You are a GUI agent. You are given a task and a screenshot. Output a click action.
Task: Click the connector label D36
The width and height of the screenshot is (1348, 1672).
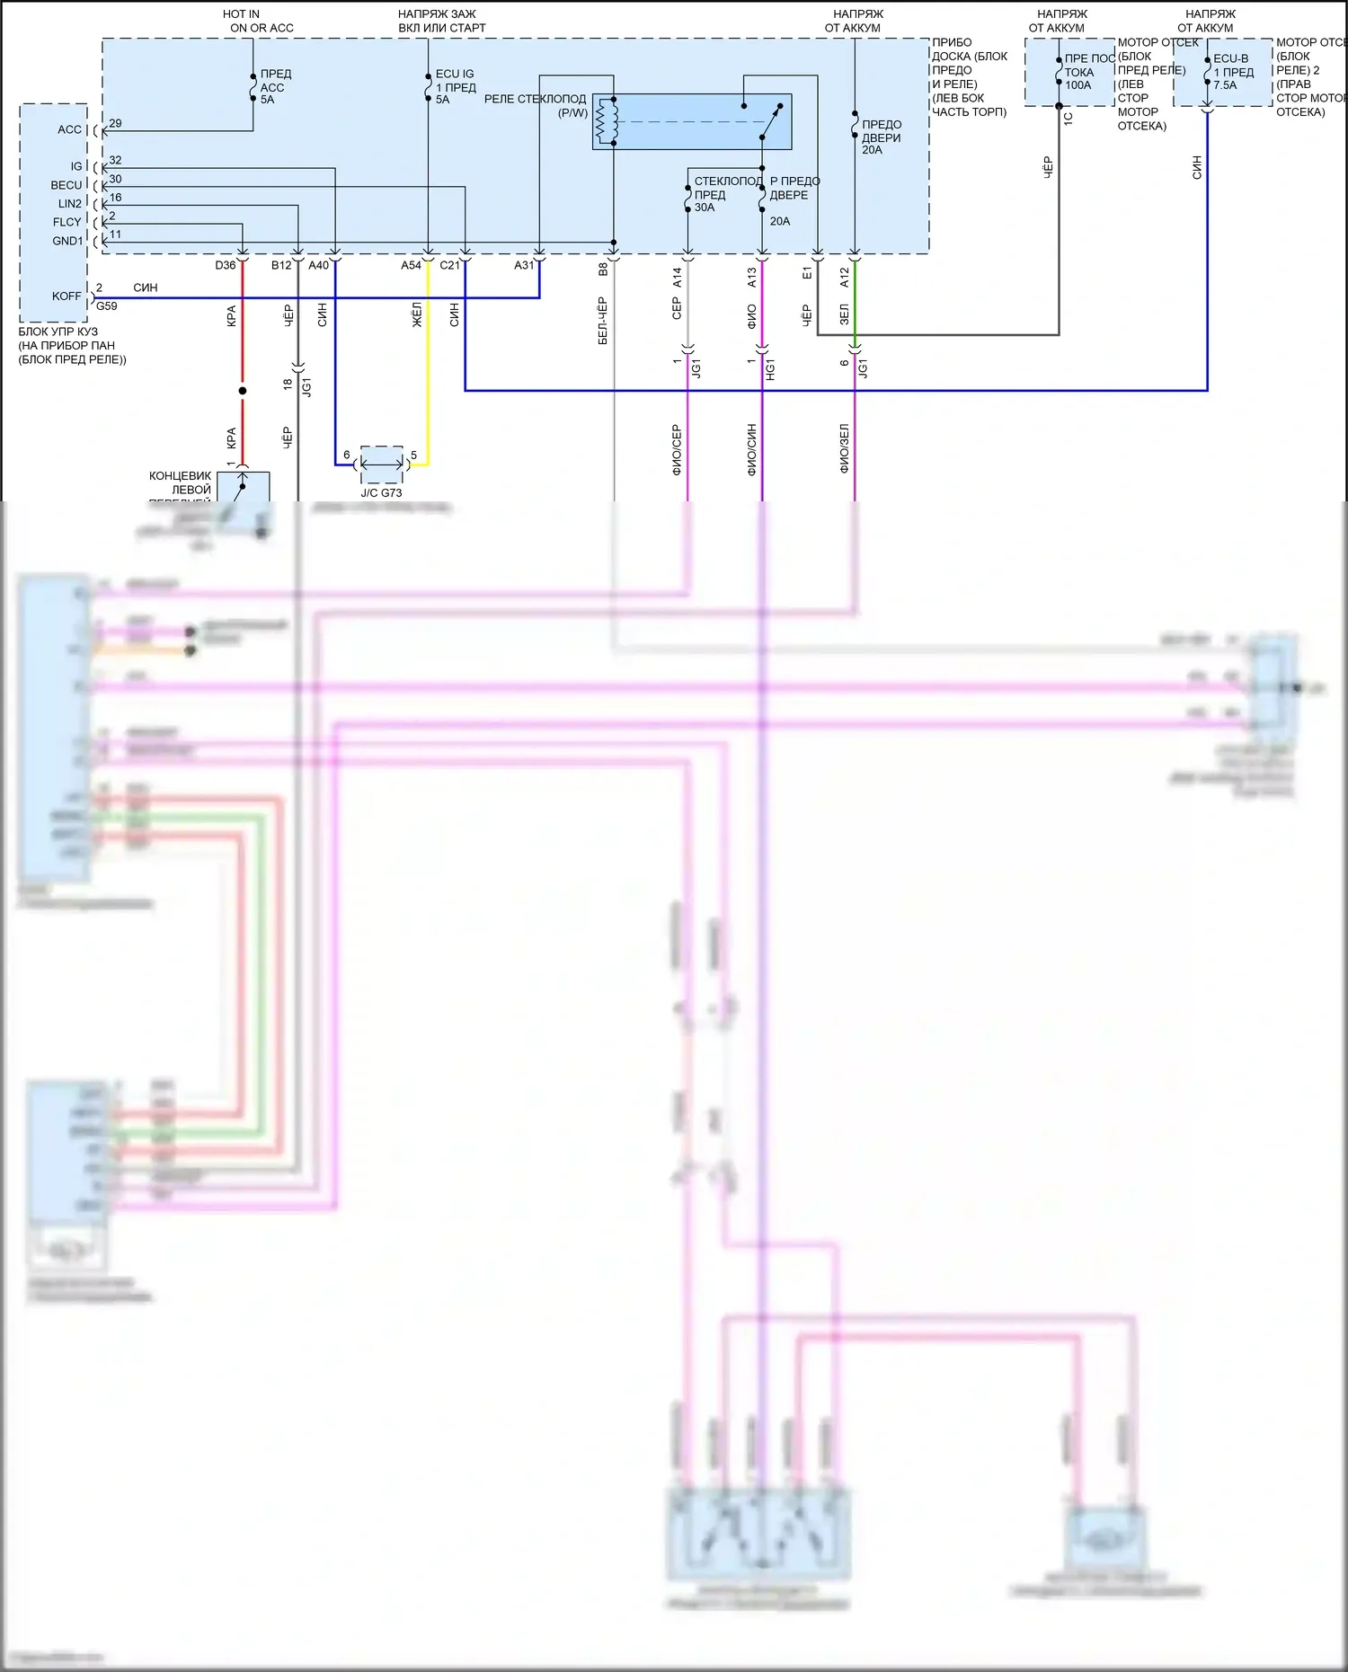click(225, 265)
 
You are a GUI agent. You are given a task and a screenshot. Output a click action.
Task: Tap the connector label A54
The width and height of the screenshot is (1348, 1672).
click(411, 265)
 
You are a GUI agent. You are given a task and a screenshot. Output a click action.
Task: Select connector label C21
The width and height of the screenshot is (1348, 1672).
click(449, 265)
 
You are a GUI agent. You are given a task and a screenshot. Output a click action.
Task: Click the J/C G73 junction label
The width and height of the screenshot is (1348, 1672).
click(381, 492)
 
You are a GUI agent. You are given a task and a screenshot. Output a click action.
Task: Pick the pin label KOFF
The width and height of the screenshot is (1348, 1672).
click(67, 296)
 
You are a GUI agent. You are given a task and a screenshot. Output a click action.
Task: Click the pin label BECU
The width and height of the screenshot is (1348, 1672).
click(67, 185)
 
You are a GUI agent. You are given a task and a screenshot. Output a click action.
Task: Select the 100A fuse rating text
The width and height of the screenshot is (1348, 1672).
click(1078, 85)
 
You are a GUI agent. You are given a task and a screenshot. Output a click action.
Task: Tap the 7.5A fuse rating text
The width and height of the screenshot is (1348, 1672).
click(1225, 85)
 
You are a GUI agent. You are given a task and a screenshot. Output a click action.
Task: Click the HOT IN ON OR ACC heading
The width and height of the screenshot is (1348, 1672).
click(259, 21)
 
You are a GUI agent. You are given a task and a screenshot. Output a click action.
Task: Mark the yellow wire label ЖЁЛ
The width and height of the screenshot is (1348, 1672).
click(417, 314)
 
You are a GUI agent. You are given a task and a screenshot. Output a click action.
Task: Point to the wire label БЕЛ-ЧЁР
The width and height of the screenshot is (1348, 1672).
click(602, 321)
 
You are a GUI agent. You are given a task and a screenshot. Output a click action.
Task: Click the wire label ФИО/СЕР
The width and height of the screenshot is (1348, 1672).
click(676, 449)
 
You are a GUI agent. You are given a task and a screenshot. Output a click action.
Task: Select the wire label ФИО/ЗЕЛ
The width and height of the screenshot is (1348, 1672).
click(844, 448)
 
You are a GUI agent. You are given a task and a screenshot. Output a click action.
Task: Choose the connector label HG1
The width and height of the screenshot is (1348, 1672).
click(770, 368)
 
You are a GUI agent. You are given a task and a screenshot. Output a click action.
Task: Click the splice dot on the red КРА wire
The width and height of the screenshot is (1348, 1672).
click(242, 391)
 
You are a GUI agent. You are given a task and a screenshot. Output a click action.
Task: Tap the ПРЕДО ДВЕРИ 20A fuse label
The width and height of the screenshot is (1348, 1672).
click(881, 137)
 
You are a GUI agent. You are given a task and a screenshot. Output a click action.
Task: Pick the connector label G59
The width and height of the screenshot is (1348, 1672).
click(107, 306)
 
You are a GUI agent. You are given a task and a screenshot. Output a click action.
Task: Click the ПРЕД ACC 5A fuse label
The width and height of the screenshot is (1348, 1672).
click(274, 86)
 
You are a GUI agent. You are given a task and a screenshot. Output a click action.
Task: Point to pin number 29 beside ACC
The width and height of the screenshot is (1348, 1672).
click(115, 123)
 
